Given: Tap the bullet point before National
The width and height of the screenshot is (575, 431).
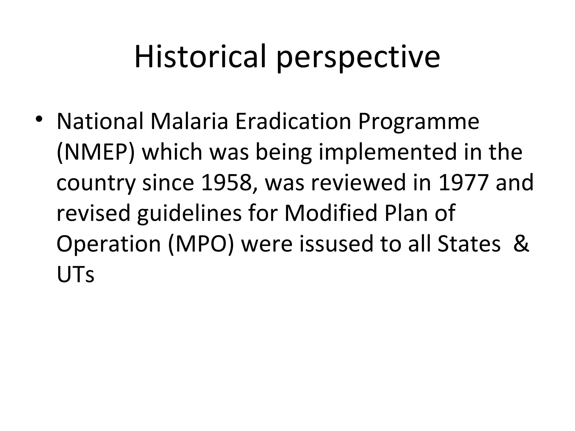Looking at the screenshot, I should coord(39,119).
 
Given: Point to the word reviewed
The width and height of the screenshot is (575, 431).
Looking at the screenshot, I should coord(359,182).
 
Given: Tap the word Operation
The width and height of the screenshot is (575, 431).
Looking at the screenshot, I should coord(108,244).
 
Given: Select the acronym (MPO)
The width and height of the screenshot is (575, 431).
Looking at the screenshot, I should coord(201,244).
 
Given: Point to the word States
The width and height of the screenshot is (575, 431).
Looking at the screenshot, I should coord(469,244).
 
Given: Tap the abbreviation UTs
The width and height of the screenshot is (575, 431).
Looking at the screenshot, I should coord(75,274).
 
